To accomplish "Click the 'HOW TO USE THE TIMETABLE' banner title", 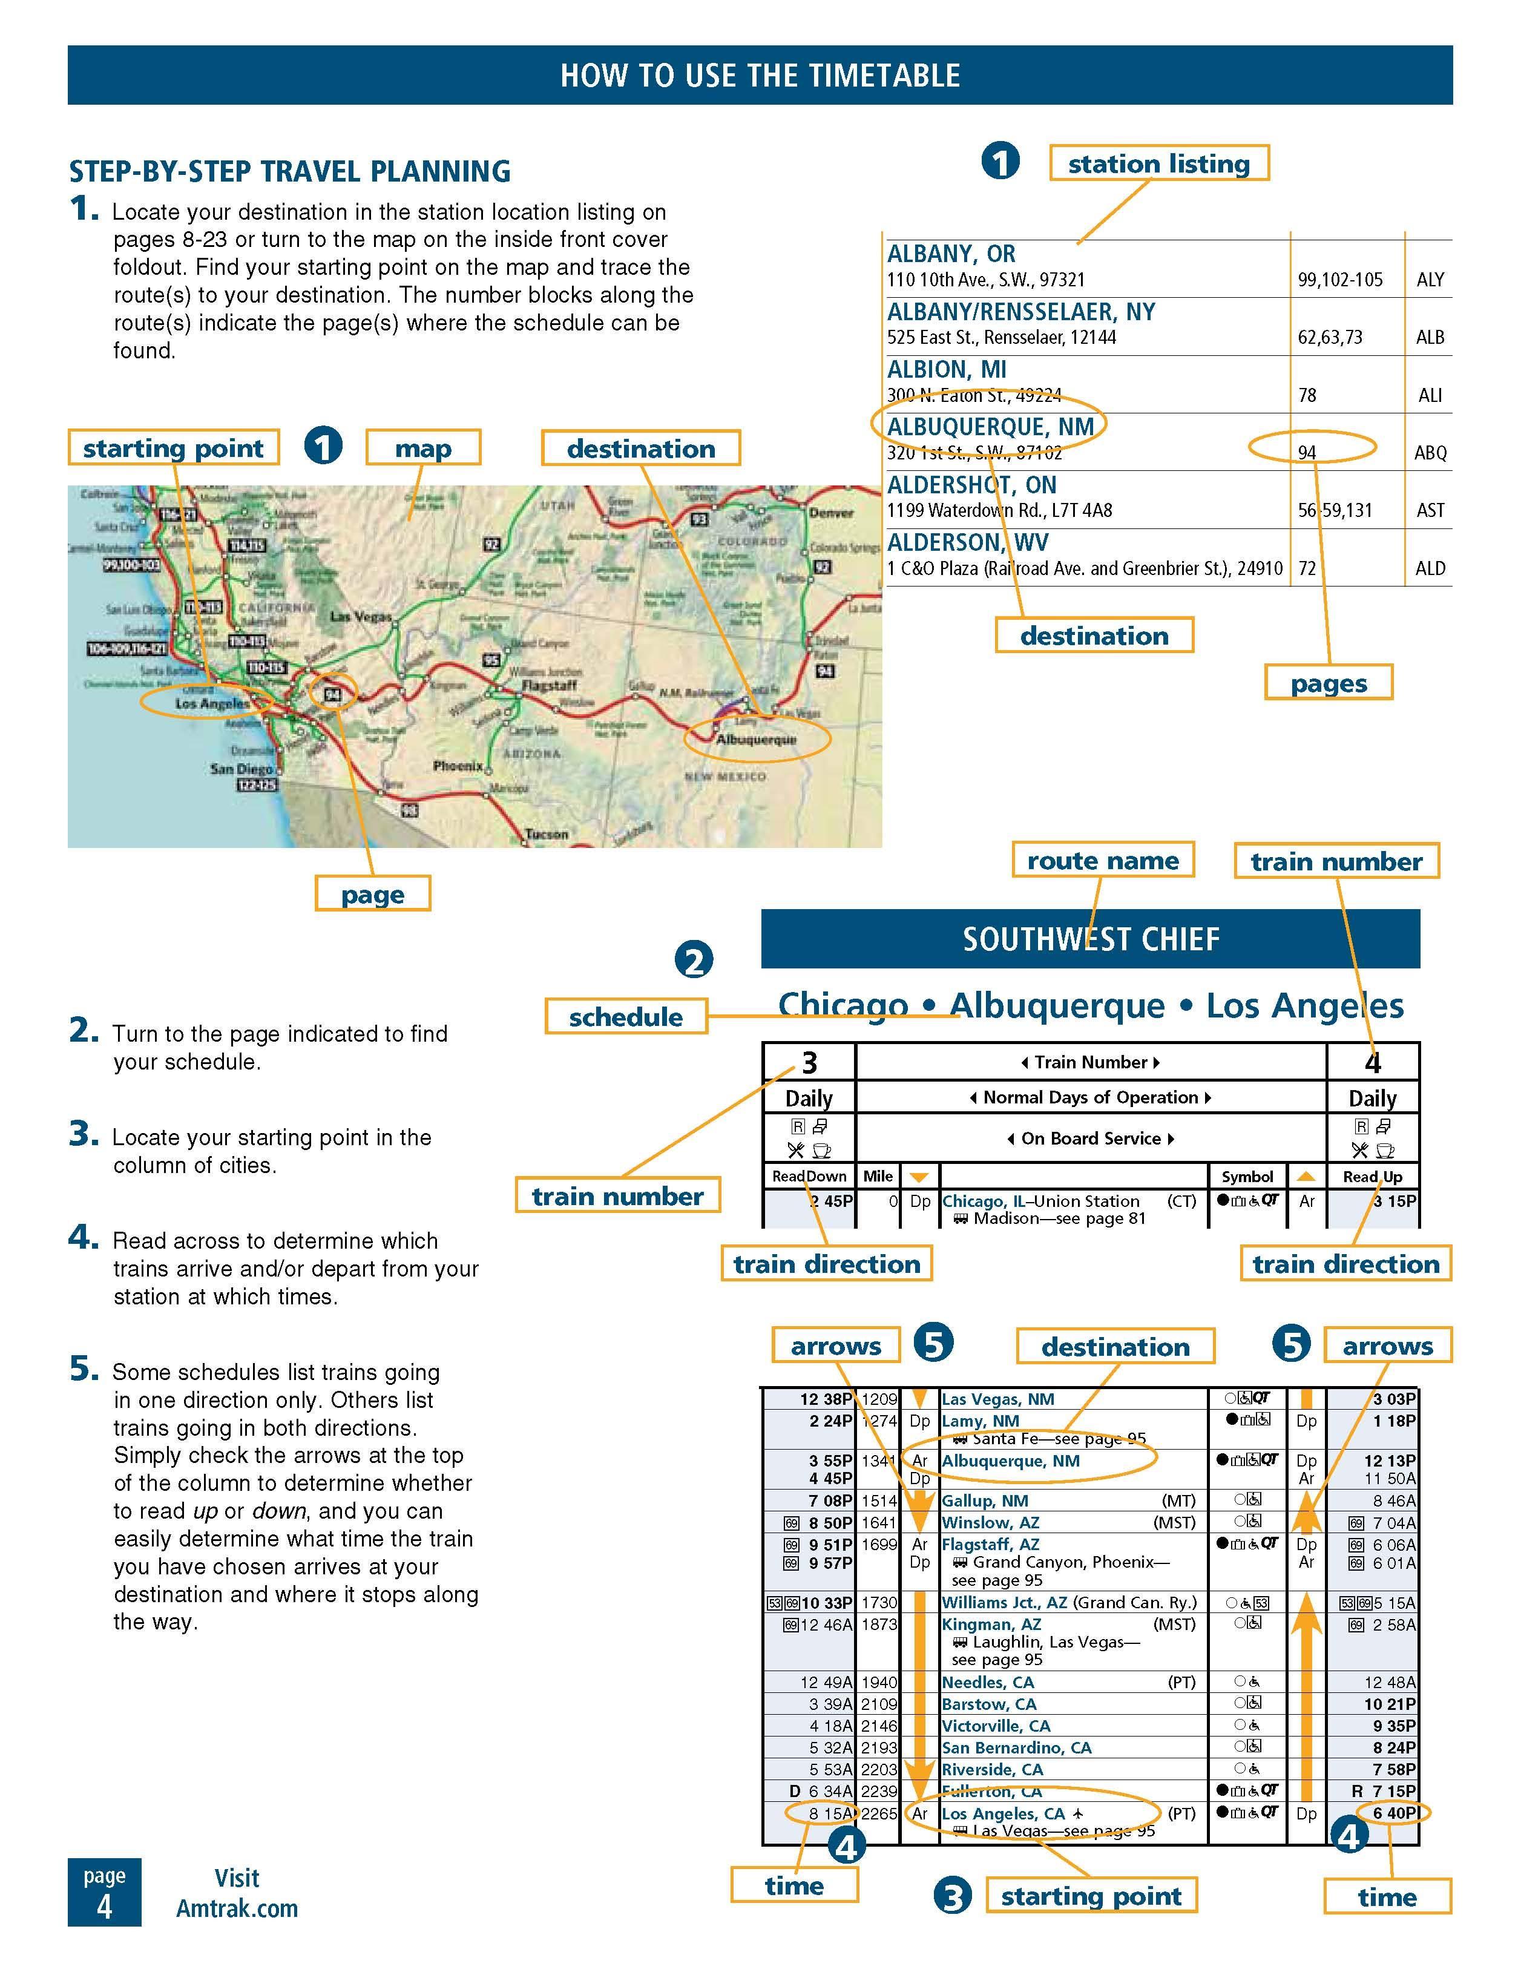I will [x=760, y=75].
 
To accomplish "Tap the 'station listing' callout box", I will [x=1158, y=163].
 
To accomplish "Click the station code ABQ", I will [x=1430, y=452].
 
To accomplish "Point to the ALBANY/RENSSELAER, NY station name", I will [x=1021, y=312].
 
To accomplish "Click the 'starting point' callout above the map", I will [x=172, y=449].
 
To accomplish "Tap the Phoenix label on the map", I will [x=458, y=766].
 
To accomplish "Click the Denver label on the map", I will [x=831, y=513].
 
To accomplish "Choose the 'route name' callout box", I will [x=1102, y=860].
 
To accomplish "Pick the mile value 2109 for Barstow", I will [x=879, y=1704].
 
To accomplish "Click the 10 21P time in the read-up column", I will [x=1390, y=1704].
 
